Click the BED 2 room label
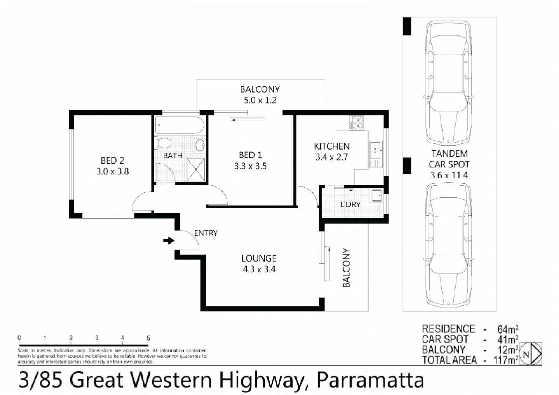[x=112, y=160]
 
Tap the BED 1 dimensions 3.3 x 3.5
[x=250, y=166]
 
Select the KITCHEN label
[x=331, y=146]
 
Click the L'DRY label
[x=350, y=205]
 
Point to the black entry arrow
[x=169, y=241]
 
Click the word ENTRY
[x=205, y=233]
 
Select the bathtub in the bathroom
[x=179, y=125]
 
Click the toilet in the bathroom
[x=163, y=144]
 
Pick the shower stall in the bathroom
[x=195, y=168]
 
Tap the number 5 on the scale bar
[x=148, y=338]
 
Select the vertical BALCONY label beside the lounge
[x=346, y=268]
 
